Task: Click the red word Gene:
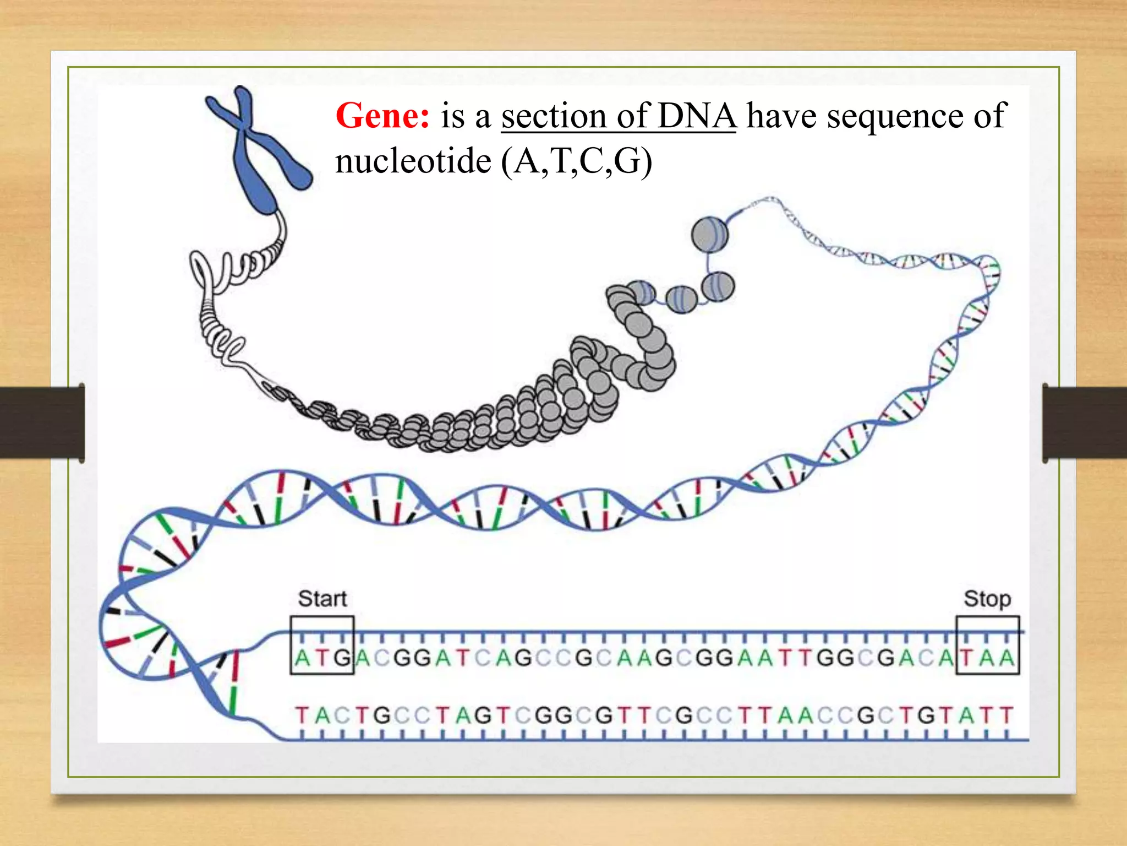[x=382, y=116]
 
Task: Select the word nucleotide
[x=413, y=161]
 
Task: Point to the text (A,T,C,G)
[x=576, y=161]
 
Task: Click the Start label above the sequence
[x=322, y=599]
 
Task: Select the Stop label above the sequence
[x=987, y=599]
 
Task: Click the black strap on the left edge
[x=42, y=422]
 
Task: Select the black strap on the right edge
[x=1084, y=422]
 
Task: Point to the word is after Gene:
[x=452, y=116]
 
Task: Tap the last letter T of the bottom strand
[x=1006, y=715]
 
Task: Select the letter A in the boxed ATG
[x=302, y=658]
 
